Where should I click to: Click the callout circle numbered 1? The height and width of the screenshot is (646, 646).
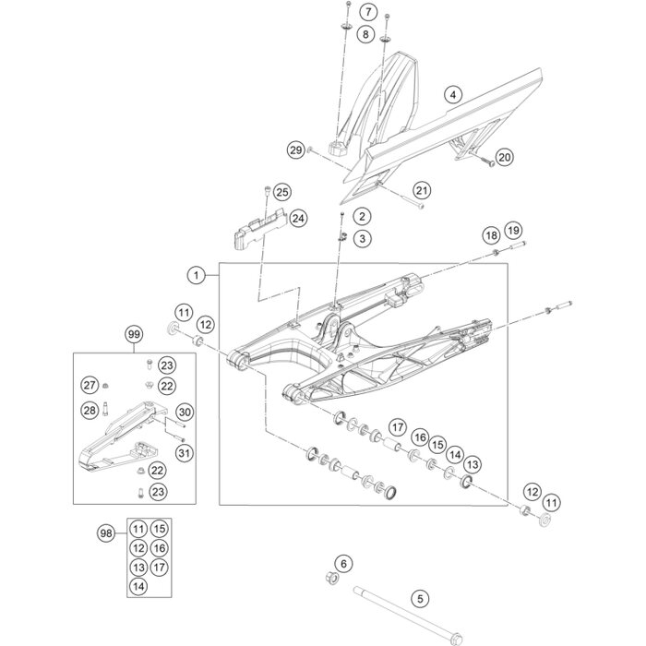(197, 274)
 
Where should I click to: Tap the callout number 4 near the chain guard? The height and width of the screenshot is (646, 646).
(452, 94)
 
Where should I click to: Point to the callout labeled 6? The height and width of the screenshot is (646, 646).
(342, 563)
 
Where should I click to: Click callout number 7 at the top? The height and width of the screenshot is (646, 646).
(367, 12)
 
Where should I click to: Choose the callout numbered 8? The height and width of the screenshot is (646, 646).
(367, 34)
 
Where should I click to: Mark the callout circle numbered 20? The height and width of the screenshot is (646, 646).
(504, 158)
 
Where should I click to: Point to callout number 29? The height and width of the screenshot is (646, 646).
(295, 150)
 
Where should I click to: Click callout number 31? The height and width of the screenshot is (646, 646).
(183, 452)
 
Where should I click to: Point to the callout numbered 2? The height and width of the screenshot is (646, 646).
(363, 190)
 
